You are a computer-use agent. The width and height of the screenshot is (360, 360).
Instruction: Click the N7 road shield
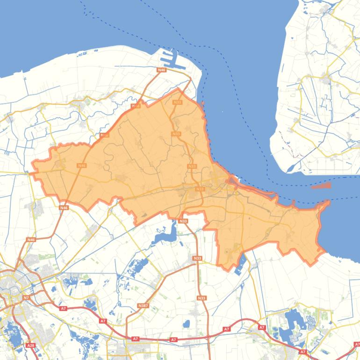[x=26, y=297]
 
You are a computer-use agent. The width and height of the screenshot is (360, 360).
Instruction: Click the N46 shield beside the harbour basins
[x=161, y=70]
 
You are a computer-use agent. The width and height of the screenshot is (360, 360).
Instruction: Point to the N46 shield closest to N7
[x=31, y=240]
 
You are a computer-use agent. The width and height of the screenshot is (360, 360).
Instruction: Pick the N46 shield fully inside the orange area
[x=82, y=166]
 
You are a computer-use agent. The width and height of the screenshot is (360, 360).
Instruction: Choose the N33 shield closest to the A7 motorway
[x=202, y=298]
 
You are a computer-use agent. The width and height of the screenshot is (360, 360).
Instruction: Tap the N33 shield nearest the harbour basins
[x=177, y=102]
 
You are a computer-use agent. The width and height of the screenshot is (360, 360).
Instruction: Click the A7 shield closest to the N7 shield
[x=63, y=308]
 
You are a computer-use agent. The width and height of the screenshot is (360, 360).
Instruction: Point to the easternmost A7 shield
[x=302, y=352]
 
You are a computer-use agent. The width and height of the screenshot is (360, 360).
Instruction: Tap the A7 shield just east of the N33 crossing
[x=227, y=329]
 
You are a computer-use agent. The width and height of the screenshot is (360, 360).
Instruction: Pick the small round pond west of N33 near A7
[x=187, y=323]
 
